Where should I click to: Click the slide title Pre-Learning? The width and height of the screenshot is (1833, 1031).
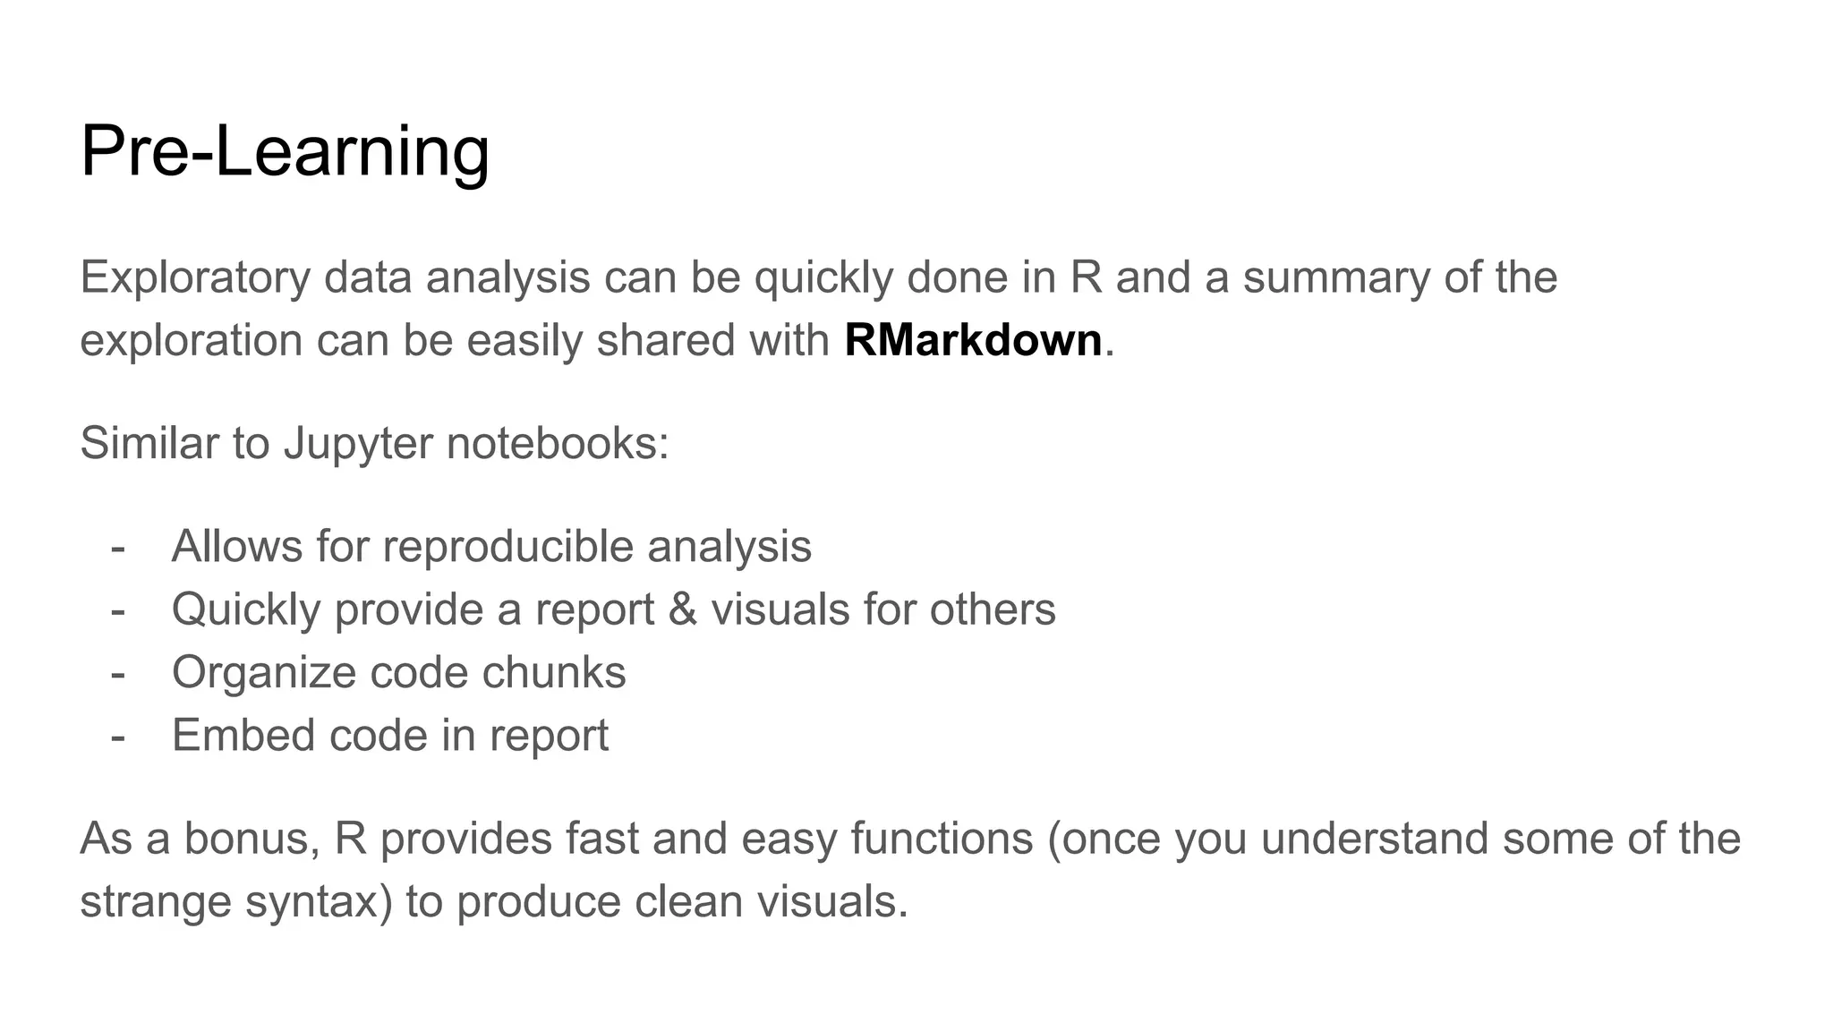285,152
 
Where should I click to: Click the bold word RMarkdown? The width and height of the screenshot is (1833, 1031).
973,341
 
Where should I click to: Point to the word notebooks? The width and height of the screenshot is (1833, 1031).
558,444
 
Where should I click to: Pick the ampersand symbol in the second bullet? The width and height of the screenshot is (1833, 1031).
682,609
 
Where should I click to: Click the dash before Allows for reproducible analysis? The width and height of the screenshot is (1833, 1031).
117,547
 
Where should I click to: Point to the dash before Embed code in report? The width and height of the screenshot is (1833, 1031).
117,736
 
